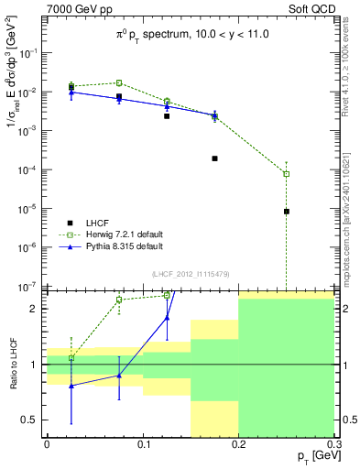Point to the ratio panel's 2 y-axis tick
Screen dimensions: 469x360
coord(37,309)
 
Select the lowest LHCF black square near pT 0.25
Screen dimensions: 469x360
coord(287,212)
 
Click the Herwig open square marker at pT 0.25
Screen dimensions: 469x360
coord(287,174)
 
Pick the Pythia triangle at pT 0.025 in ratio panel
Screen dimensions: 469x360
coord(71,386)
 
